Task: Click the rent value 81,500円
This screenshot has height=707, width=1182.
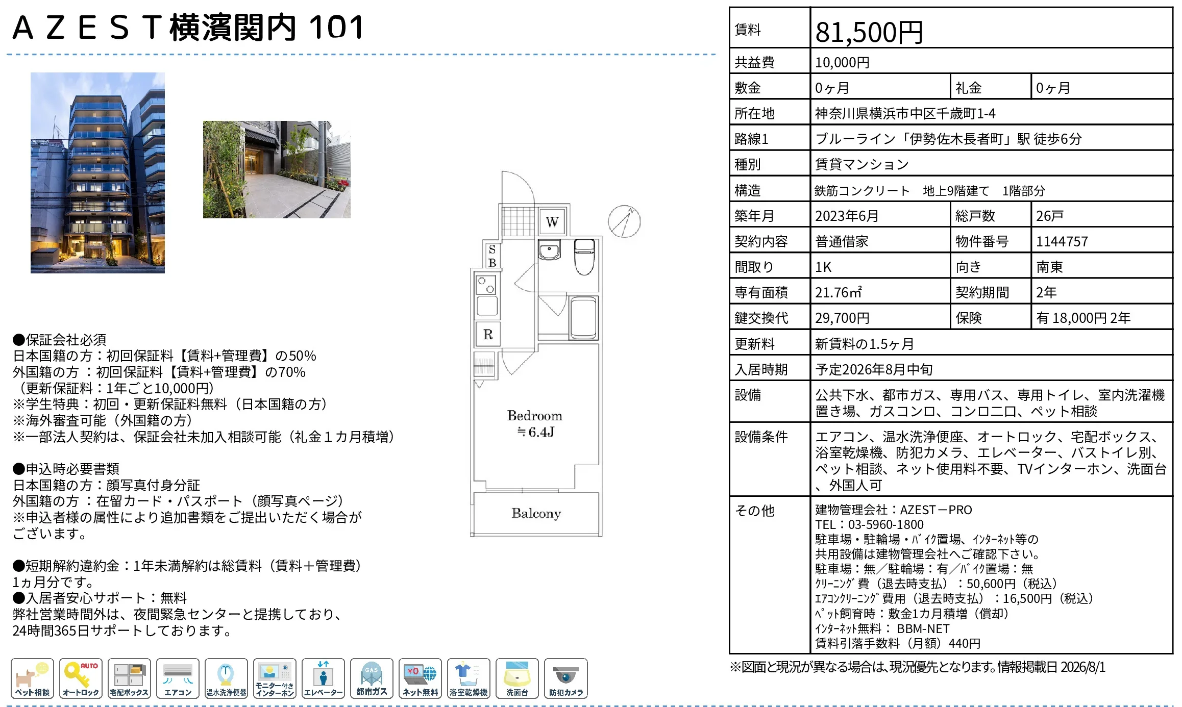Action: (869, 32)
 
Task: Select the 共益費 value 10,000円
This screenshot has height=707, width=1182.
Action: (842, 63)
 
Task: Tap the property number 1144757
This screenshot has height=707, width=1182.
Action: (1062, 241)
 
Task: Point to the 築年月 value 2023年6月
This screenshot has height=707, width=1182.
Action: (847, 216)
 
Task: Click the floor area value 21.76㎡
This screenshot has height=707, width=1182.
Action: (839, 292)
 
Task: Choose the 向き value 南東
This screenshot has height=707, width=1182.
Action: (1049, 267)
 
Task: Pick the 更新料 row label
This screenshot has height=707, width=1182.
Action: (754, 344)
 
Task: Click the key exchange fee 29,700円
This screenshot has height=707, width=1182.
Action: (842, 318)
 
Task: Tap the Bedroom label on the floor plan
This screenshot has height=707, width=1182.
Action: (534, 416)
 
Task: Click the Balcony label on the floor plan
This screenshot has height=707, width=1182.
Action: (536, 513)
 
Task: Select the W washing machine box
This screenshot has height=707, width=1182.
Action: (552, 222)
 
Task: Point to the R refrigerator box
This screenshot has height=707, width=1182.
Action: (488, 334)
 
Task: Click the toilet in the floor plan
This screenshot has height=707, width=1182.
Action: (584, 257)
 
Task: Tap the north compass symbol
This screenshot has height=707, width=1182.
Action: (624, 221)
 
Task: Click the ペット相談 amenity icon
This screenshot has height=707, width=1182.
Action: (32, 678)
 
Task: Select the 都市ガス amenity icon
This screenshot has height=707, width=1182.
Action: (372, 678)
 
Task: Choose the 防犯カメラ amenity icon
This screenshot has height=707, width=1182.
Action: (565, 678)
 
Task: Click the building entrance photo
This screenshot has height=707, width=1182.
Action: (277, 169)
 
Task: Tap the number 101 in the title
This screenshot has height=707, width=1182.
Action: (336, 28)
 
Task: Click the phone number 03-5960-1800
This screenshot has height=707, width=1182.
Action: (885, 524)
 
